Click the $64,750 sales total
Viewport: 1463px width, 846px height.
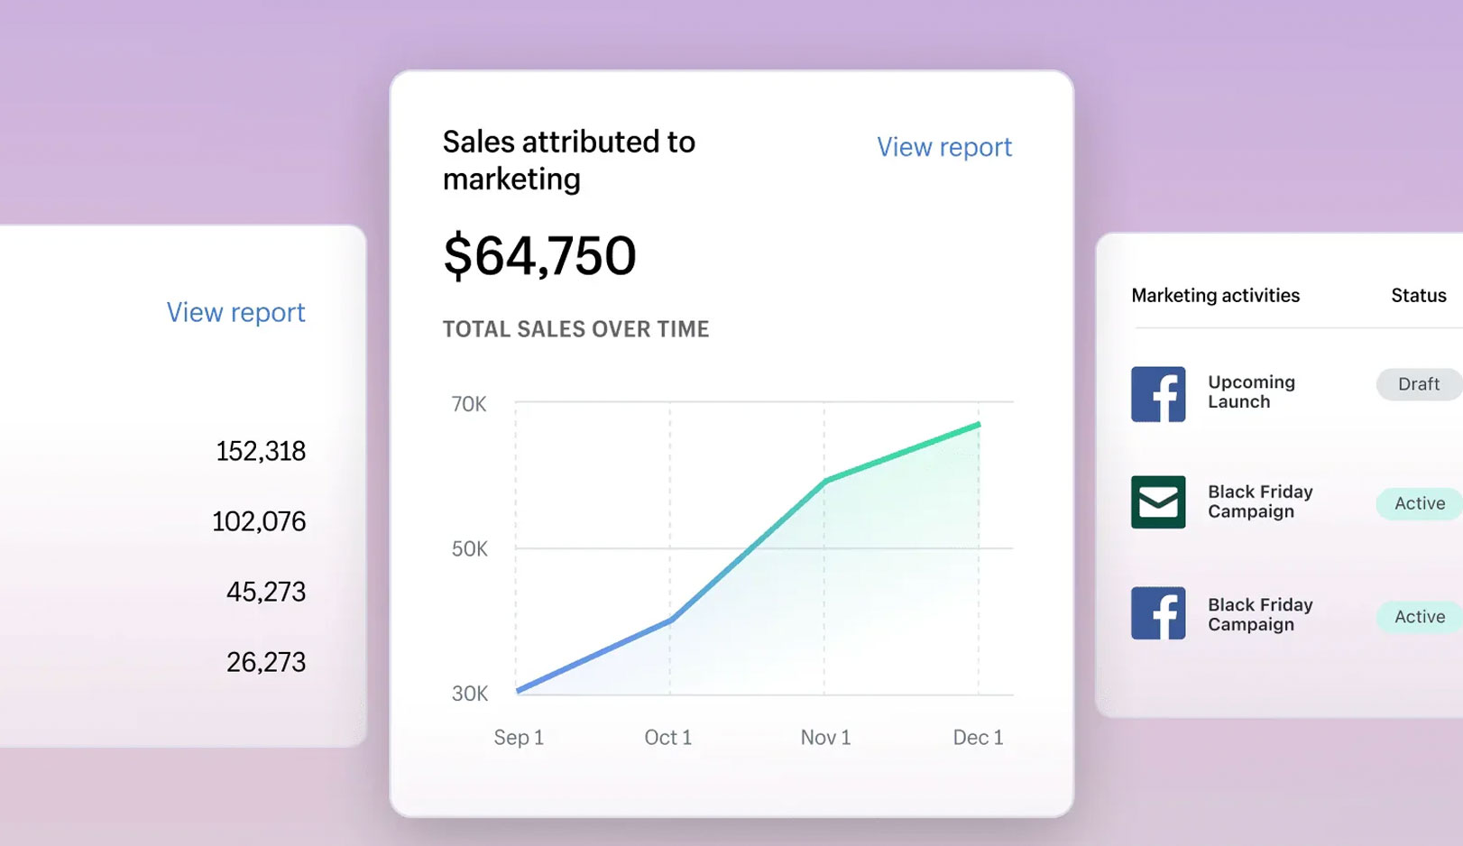pos(539,256)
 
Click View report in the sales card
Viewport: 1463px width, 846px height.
pos(944,147)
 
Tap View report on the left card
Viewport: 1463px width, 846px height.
pos(235,312)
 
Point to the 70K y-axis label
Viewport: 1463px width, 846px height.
pos(469,404)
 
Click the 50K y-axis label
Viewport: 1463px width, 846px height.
pos(469,549)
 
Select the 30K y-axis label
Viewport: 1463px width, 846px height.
pos(469,694)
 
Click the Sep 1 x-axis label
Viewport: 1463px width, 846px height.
pos(519,738)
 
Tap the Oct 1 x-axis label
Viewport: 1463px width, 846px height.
pos(667,738)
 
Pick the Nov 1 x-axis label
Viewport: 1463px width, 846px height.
pos(825,738)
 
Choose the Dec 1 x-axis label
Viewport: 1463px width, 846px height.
pos(978,738)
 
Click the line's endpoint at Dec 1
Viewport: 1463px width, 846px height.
pos(979,424)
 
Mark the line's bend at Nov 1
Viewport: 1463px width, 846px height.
pos(824,481)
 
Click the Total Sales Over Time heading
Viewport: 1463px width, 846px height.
pos(575,329)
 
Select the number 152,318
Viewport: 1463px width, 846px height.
pos(261,451)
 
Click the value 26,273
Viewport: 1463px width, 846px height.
pos(266,662)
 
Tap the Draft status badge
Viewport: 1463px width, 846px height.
pos(1418,384)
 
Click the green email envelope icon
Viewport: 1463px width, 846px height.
pos(1158,501)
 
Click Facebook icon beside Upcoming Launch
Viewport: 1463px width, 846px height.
pos(1158,394)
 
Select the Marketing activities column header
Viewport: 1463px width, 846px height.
pos(1215,296)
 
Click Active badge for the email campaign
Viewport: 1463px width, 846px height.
pos(1419,503)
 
